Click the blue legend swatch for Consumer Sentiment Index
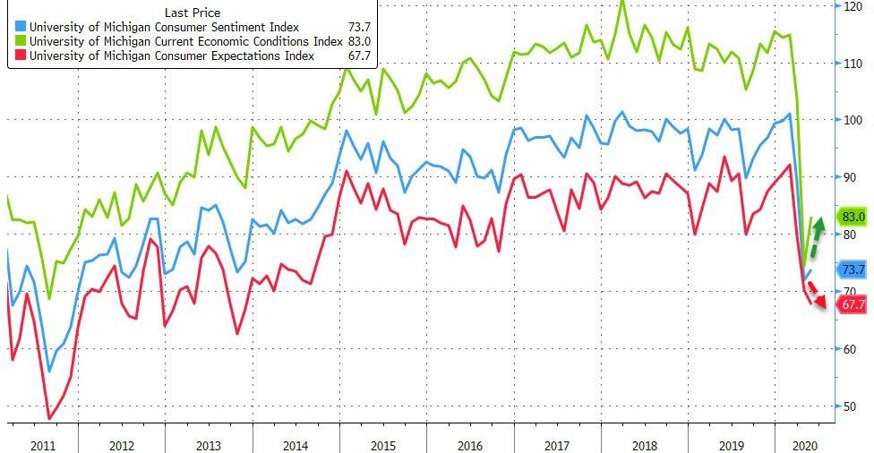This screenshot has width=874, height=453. pyautogui.click(x=20, y=28)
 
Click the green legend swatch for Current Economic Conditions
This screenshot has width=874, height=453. pyautogui.click(x=20, y=41)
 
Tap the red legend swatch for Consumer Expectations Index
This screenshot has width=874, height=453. pyautogui.click(x=20, y=56)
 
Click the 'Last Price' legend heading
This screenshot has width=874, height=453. pyautogui.click(x=193, y=13)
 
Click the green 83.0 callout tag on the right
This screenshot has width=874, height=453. pyautogui.click(x=853, y=217)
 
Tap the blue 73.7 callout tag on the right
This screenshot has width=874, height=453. pyautogui.click(x=853, y=269)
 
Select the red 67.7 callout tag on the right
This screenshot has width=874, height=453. pyautogui.click(x=853, y=304)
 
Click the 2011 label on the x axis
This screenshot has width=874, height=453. pyautogui.click(x=41, y=444)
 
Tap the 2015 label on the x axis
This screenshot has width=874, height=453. pyautogui.click(x=383, y=444)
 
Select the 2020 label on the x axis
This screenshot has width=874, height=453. pyautogui.click(x=805, y=444)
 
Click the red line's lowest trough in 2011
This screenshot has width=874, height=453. pyautogui.click(x=49, y=418)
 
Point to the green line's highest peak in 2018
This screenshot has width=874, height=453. pyautogui.click(x=622, y=3)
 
